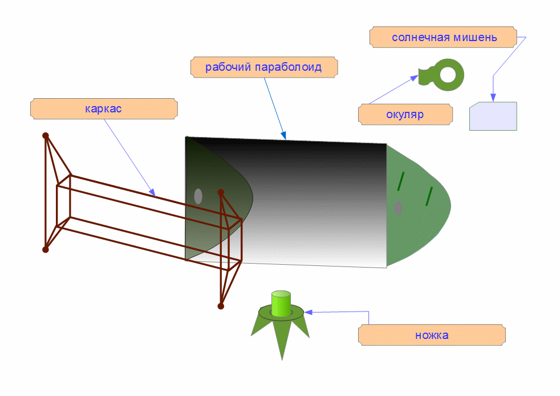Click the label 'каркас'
tap(103, 108)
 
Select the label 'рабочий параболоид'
tap(263, 67)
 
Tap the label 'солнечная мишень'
tap(444, 38)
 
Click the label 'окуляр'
tap(405, 114)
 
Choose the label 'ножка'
tap(432, 335)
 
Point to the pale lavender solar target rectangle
tap(493, 116)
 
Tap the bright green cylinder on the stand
tap(281, 303)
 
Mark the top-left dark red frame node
tap(46, 135)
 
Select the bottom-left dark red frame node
tap(46, 249)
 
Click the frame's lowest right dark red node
tap(221, 306)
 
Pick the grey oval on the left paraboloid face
tap(198, 196)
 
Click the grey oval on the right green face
tap(398, 208)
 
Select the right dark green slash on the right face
tap(429, 196)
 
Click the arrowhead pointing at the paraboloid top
tap(283, 136)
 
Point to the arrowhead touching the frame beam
tap(152, 193)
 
